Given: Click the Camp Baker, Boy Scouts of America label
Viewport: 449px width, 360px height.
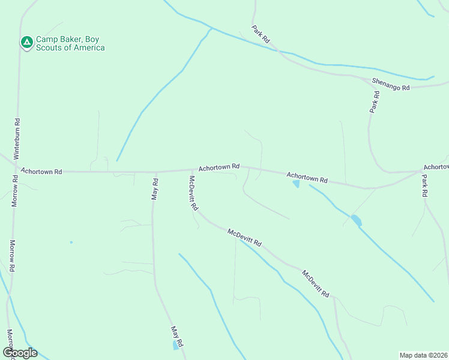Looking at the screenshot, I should coord(70,43).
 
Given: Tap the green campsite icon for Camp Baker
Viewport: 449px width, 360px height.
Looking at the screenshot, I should coord(26,42).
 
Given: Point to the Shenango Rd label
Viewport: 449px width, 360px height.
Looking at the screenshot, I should coord(390,84).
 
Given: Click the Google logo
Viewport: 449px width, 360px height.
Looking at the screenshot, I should coord(20,353).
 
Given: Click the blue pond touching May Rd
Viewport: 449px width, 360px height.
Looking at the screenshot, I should coord(176,345).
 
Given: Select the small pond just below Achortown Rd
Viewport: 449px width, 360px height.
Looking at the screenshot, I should coord(296,184).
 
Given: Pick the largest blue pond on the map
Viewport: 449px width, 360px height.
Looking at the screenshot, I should coord(357,220).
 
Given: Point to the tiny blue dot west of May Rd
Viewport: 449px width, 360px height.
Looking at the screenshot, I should coord(71,242).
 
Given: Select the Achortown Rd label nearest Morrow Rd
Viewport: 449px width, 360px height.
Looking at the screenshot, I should coord(41,172).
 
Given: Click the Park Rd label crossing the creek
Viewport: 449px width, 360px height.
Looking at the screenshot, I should coord(261,33).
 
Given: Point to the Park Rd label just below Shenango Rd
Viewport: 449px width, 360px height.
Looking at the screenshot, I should coord(375,102).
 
